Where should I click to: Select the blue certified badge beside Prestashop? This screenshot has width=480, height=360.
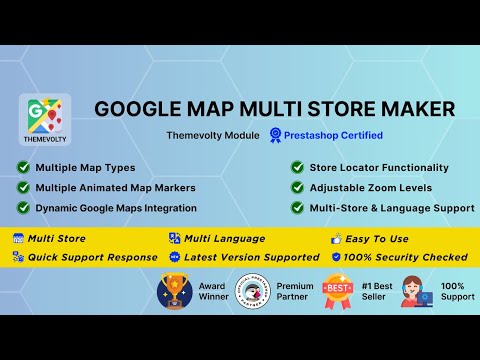pos(276,135)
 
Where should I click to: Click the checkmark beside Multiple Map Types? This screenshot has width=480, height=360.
pos(23,167)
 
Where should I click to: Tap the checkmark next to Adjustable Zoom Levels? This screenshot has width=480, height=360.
pos(298,187)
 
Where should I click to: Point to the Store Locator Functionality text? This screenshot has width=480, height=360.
pos(378,167)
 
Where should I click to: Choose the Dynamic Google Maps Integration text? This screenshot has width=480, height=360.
pos(116,207)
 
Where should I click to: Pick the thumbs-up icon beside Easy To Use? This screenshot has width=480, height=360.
pos(336,238)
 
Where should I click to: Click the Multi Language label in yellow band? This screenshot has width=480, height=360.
pos(223,238)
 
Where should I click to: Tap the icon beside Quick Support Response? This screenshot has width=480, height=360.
pos(17,257)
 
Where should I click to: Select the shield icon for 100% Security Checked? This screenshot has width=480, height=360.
pos(336,257)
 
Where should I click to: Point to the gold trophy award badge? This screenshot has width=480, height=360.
pos(175,292)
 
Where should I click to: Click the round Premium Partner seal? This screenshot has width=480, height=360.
pos(253,292)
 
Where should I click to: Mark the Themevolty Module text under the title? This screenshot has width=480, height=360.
pos(214,135)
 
